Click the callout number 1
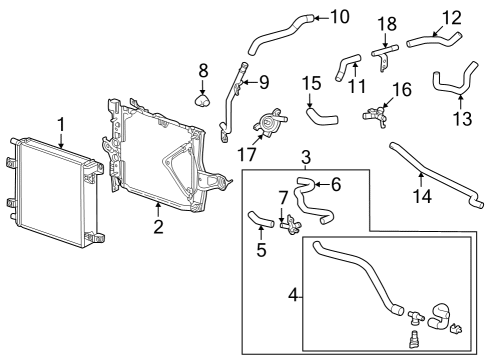61,125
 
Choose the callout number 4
293,295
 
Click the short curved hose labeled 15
322,116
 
